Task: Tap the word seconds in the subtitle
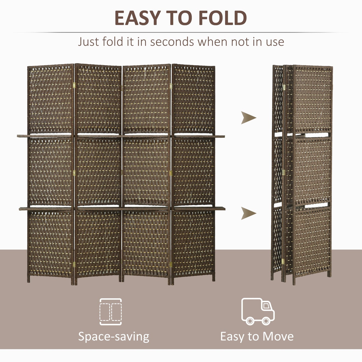pos(172,42)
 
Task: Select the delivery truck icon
pos(258,311)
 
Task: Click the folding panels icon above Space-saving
pos(111,312)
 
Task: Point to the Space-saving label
pos(113,336)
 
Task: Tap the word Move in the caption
pos(278,336)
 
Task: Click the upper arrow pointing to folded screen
pos(248,117)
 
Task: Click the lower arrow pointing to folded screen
pos(248,213)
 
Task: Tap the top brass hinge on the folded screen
pos(284,87)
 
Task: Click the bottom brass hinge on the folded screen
pos(283,261)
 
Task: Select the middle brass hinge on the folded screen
pos(283,172)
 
